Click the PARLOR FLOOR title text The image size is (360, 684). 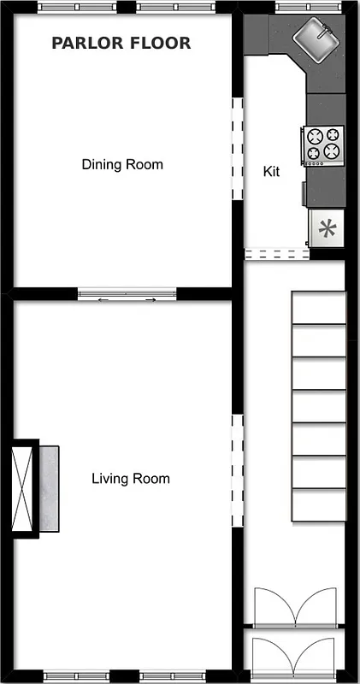coord(121,43)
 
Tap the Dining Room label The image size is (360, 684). coord(122,164)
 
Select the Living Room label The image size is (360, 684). coord(130,479)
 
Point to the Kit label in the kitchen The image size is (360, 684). coord(271,171)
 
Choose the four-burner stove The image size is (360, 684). coord(323,144)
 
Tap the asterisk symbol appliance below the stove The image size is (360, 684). coord(326,229)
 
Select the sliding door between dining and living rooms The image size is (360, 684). coord(127,294)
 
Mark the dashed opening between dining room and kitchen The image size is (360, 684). coord(238,150)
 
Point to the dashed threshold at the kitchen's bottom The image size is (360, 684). coord(276,253)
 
